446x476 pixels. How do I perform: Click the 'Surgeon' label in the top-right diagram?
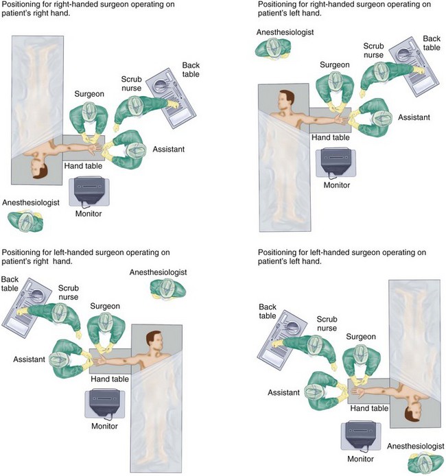coord(335,65)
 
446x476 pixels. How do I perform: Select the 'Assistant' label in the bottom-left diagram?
coord(29,359)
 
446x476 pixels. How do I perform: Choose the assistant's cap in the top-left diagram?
coord(134,149)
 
